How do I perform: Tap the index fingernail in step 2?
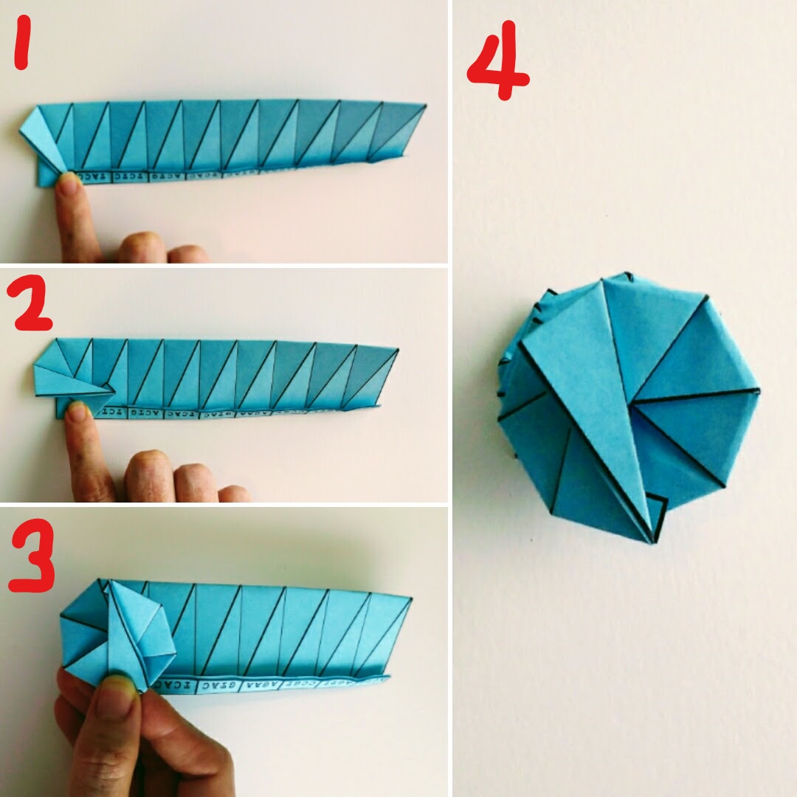click(x=76, y=411)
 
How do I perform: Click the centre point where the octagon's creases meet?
click(x=632, y=404)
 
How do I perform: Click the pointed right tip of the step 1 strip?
click(x=425, y=107)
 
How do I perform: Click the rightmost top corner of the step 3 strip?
click(x=410, y=598)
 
